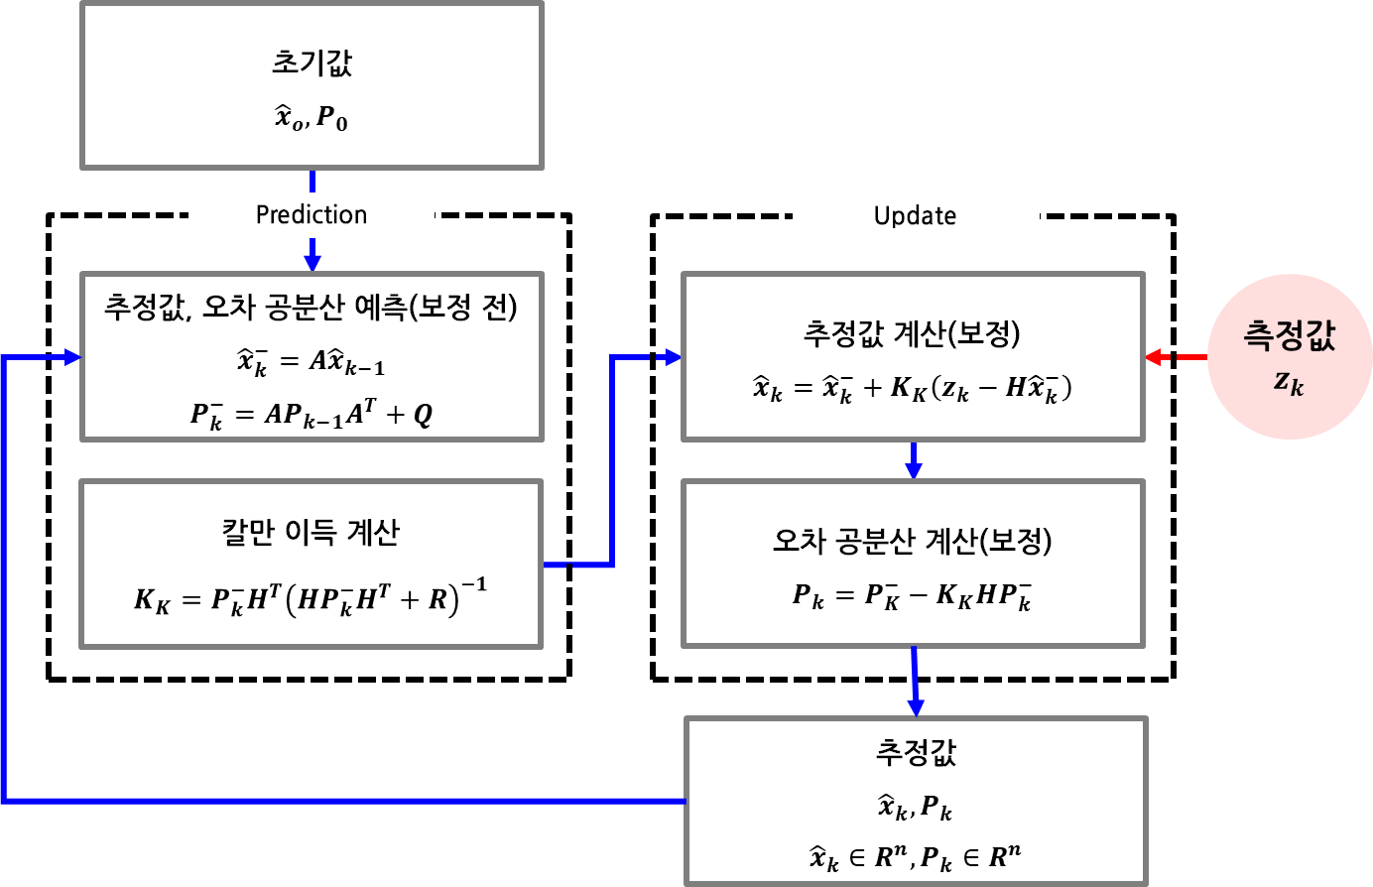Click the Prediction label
tap(312, 215)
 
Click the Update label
tap(915, 216)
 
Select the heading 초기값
tap(312, 63)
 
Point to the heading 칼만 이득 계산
tap(311, 533)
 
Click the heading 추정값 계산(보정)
tap(912, 333)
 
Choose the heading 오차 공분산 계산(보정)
tap(912, 541)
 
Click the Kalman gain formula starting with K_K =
tap(311, 598)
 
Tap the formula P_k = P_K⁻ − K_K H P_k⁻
tap(912, 595)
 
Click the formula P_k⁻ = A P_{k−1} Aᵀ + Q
tap(311, 413)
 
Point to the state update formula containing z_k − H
tap(912, 388)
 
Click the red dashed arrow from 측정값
tap(1176, 357)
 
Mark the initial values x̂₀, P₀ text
tap(312, 119)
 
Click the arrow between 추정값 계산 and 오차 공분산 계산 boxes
tap(913, 460)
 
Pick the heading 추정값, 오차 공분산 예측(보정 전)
tap(311, 307)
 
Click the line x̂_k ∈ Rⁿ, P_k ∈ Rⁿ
tap(915, 856)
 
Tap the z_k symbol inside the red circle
tap(1289, 383)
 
